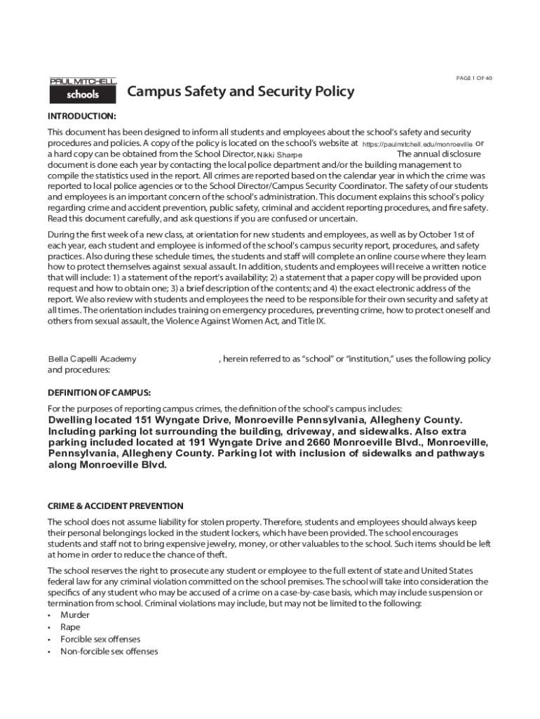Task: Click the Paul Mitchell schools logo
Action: [82, 90]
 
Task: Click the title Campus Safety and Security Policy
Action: [241, 92]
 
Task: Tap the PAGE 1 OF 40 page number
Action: [473, 78]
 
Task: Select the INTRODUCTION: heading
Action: [81, 116]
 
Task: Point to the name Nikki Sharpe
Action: [280, 154]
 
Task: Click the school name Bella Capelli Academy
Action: [92, 359]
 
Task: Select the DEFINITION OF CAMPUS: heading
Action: [99, 392]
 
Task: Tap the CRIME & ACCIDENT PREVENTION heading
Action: [115, 506]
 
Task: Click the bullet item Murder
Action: [75, 615]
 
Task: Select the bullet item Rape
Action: [70, 627]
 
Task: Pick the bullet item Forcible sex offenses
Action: [100, 639]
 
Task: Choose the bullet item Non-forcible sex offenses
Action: [109, 652]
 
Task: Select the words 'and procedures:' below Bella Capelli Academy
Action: [79, 369]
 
